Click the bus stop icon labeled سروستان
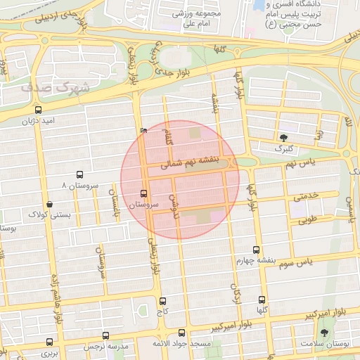coord(144,193)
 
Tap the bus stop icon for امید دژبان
coord(38,110)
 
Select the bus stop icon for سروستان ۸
coord(79,175)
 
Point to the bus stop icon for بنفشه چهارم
coord(255,249)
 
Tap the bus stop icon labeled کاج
coord(163,300)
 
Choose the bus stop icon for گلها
coord(262,300)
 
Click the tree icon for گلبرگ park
coord(283,138)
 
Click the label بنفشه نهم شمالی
coord(191,162)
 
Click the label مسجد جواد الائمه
coord(181,345)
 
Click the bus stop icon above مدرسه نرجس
coord(106,335)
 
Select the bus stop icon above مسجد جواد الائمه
coord(182,333)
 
